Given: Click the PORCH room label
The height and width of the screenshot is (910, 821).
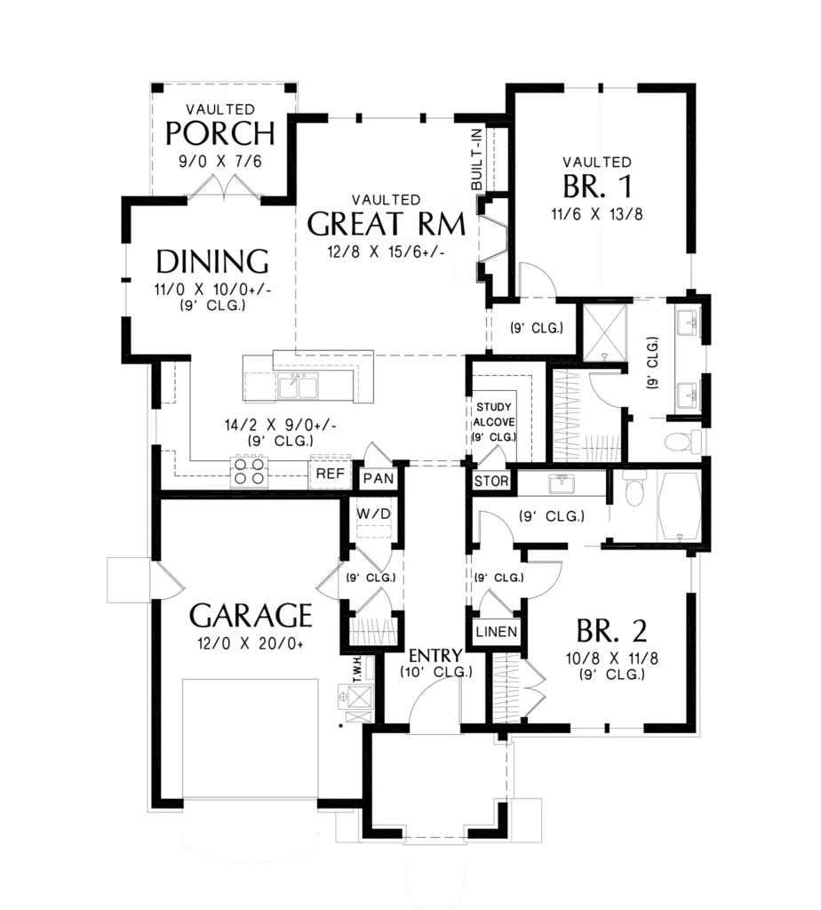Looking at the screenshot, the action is point(219,133).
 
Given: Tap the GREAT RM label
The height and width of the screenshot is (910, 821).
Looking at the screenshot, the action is point(387,224).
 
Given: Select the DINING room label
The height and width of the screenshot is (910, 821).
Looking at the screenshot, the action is point(212,262).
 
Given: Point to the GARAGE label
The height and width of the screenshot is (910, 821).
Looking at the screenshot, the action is point(251,616).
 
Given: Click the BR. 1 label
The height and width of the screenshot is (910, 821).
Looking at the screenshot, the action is point(597,187).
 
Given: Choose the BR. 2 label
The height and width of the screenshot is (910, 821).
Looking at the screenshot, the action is point(611,631).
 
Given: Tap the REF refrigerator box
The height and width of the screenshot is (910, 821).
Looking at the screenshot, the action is point(331,474).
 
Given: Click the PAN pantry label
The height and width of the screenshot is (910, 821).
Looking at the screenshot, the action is point(379,479).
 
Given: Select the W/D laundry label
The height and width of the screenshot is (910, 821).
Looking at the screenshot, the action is point(374,515).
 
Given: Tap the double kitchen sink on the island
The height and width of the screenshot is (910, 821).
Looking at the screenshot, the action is point(298,387).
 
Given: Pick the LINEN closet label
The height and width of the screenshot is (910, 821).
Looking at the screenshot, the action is point(497,632).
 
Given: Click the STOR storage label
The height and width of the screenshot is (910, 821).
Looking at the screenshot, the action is point(491,481).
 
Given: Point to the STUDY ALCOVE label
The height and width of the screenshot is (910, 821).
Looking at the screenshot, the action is point(494,422).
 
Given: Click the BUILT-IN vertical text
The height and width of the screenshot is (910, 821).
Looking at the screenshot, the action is point(476,160).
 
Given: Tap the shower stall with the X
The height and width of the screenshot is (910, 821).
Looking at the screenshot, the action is point(605,331).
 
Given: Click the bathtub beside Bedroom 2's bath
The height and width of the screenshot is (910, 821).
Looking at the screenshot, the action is point(679,506).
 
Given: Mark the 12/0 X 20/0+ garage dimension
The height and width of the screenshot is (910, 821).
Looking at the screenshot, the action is point(251,643).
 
